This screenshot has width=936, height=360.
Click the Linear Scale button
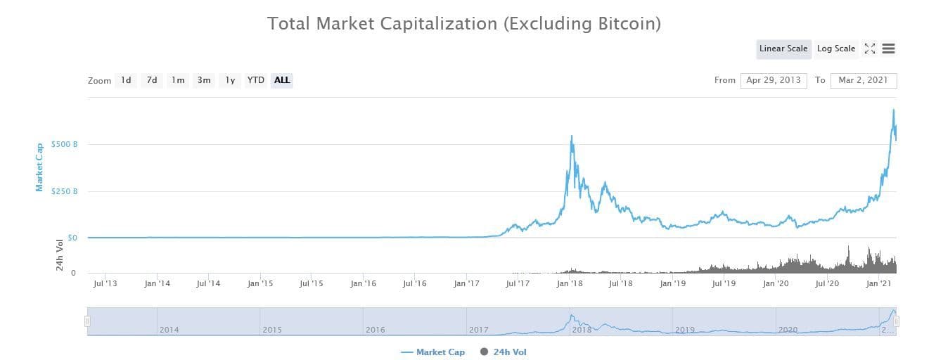tap(783, 49)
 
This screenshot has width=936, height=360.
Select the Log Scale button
tap(835, 49)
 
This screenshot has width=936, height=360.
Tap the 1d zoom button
tap(126, 80)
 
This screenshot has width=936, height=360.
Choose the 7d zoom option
tap(152, 80)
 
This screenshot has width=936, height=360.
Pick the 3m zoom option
tap(204, 80)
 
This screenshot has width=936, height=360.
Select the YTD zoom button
tap(256, 80)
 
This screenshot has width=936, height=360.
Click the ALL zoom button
tap(282, 80)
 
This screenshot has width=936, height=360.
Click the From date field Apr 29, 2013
tap(774, 80)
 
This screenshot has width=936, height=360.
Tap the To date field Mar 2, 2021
tap(863, 80)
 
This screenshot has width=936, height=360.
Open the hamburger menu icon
tap(888, 49)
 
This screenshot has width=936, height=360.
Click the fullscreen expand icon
tap(870, 49)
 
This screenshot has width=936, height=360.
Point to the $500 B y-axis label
tap(64, 144)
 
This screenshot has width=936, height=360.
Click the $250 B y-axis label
tap(64, 191)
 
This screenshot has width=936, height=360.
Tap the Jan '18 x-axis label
tap(569, 283)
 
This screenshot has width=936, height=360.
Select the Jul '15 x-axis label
tap(312, 283)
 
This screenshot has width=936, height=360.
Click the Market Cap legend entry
tap(432, 352)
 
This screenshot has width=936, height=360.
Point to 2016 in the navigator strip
tap(375, 329)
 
